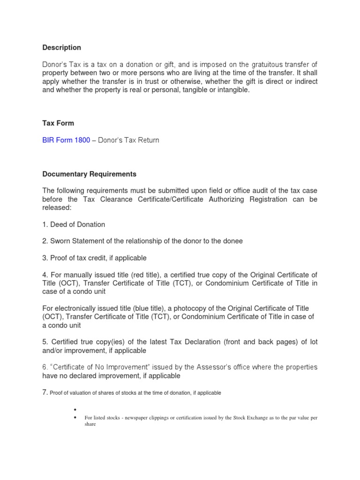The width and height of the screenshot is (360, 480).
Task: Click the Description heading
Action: click(x=61, y=48)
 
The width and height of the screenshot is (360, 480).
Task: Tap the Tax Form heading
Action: click(x=58, y=123)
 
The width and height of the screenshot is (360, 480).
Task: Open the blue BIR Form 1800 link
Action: click(x=66, y=140)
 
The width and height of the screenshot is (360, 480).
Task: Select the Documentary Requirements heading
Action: click(x=89, y=174)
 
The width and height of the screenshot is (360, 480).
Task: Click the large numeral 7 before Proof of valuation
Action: click(x=45, y=392)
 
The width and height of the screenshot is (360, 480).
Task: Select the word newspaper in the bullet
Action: click(x=135, y=418)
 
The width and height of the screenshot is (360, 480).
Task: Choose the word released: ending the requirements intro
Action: click(x=57, y=208)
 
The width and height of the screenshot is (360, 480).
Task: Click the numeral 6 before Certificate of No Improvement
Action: click(x=45, y=367)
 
